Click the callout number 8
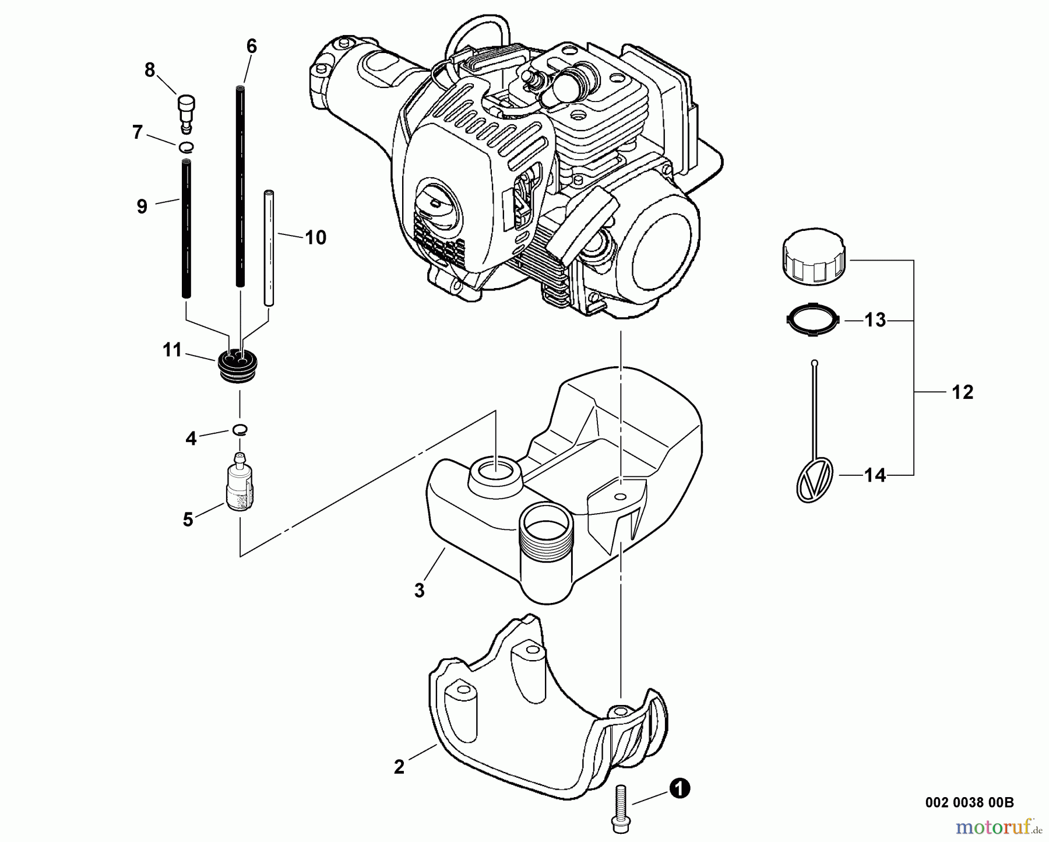[x=150, y=71]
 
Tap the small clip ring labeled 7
[x=186, y=146]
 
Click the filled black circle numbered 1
[x=680, y=789]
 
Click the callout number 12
[x=962, y=392]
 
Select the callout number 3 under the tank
[x=420, y=590]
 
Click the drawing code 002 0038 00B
[x=969, y=802]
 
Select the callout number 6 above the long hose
[x=251, y=46]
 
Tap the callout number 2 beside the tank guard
[x=399, y=767]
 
